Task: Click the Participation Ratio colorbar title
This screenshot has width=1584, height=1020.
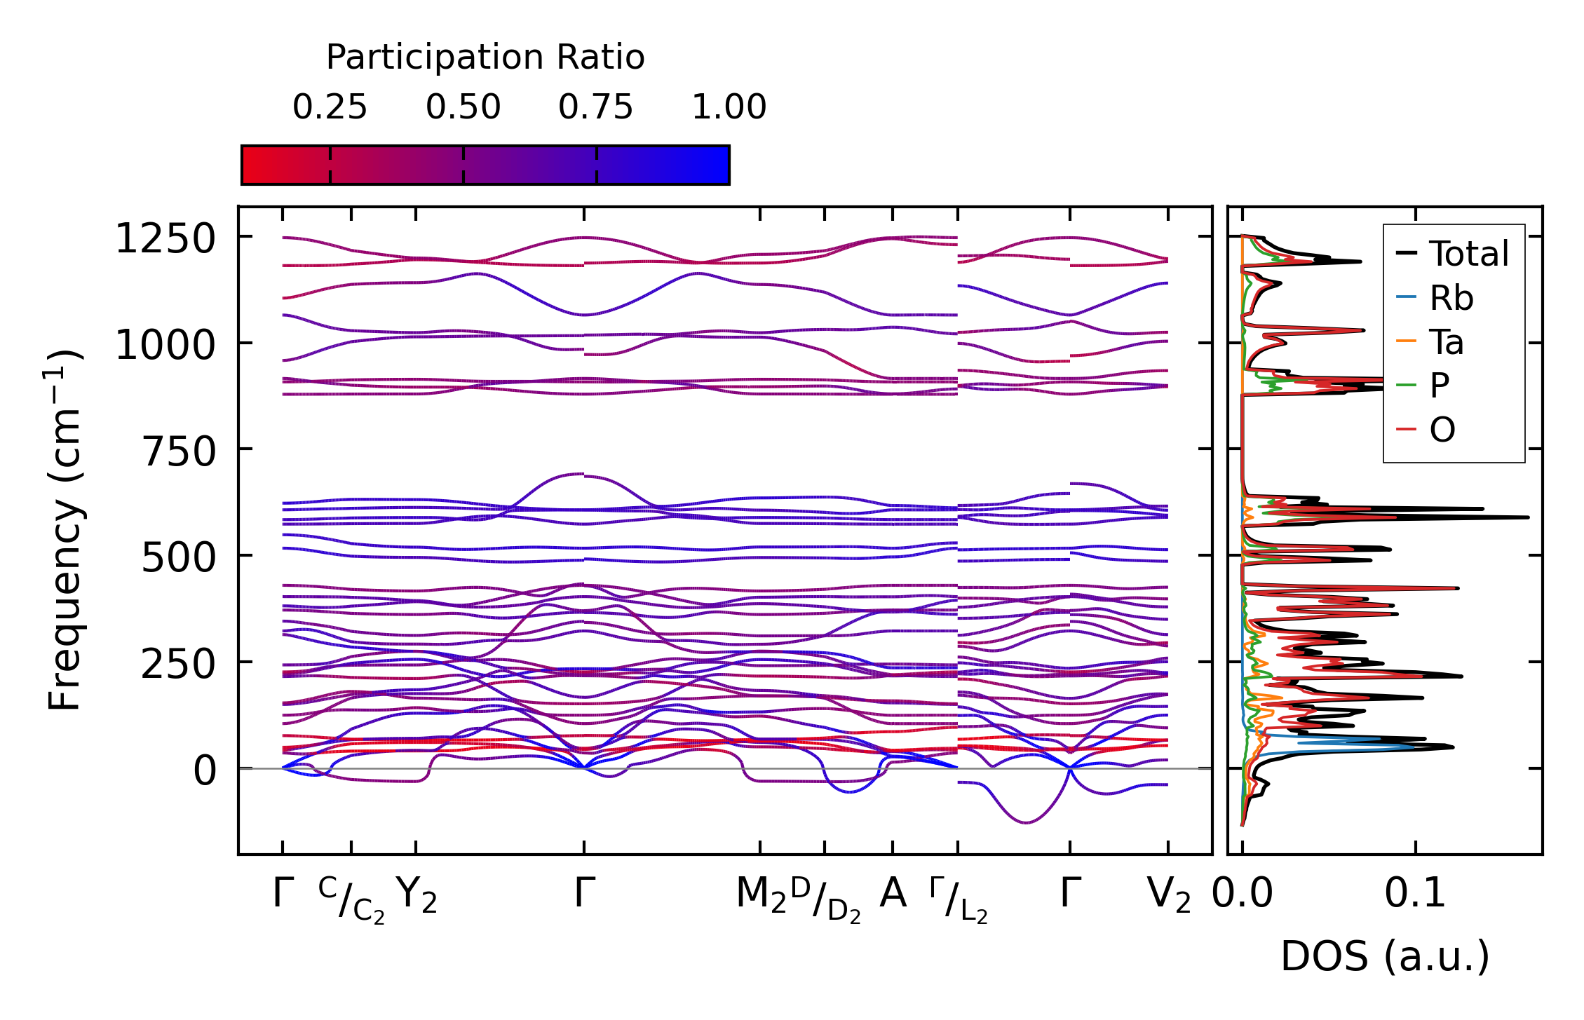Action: pyautogui.click(x=485, y=57)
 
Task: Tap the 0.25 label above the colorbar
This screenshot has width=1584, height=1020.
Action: pyautogui.click(x=330, y=108)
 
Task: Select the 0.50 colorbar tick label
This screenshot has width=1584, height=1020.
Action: pyautogui.click(x=463, y=108)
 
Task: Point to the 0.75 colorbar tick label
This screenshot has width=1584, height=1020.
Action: pyautogui.click(x=596, y=108)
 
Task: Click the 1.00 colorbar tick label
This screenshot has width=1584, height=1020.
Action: pyautogui.click(x=729, y=108)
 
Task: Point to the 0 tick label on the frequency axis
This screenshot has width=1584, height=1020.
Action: pyautogui.click(x=205, y=771)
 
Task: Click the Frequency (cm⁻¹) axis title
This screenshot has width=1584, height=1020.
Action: pyautogui.click(x=65, y=530)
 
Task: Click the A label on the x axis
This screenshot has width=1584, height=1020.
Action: pyautogui.click(x=893, y=894)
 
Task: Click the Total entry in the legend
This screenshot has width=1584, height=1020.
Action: pyautogui.click(x=1468, y=254)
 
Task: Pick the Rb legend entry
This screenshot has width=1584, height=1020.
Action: pyautogui.click(x=1451, y=299)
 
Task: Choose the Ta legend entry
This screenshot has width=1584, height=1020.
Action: pyautogui.click(x=1447, y=343)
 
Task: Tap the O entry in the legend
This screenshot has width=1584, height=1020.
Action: pyautogui.click(x=1442, y=430)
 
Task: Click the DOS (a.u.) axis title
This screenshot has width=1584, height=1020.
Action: pyautogui.click(x=1385, y=957)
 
